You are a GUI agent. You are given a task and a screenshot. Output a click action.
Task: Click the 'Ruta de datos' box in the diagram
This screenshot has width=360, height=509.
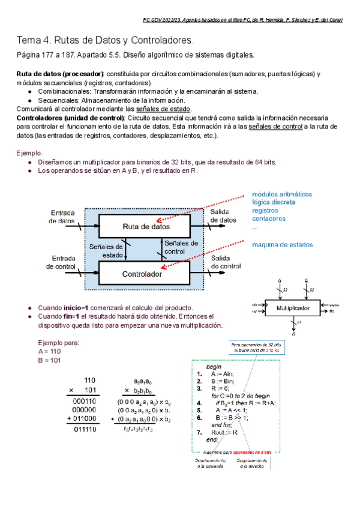(146, 226)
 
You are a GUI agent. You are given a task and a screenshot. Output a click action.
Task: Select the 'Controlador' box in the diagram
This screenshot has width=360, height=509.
(142, 274)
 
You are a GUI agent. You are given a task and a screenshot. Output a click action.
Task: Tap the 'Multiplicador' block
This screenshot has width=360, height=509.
(293, 308)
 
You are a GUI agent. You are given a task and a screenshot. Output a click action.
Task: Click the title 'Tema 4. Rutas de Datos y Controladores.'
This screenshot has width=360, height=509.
(106, 41)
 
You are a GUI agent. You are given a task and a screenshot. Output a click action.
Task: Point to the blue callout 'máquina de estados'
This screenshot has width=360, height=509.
(282, 244)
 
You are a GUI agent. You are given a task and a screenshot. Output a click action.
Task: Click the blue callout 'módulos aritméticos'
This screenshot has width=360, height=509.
(281, 194)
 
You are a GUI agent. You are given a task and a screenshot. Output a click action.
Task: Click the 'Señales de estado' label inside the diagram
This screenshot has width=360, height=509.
(107, 250)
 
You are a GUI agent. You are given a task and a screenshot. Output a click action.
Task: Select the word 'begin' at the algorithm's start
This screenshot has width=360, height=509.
(214, 366)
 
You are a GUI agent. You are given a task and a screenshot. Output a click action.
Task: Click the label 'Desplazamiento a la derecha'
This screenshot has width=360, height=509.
(253, 464)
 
